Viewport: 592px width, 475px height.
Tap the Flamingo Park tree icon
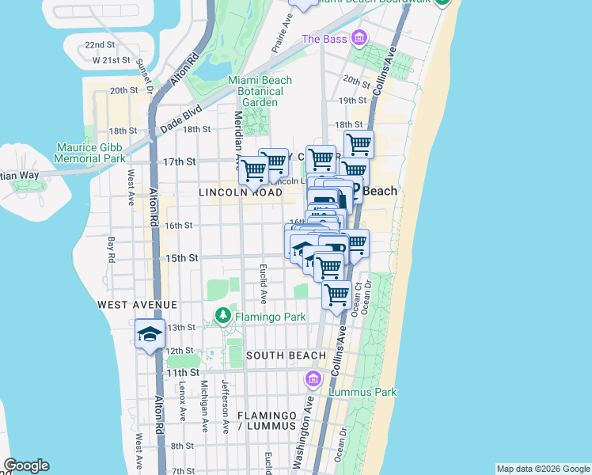[x=223, y=317]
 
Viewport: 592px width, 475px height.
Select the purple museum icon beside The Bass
[x=359, y=38]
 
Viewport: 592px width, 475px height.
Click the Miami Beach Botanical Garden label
[x=260, y=91]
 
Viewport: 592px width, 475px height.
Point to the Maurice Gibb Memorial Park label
[x=89, y=153]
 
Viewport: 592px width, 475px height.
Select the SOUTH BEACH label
[x=286, y=355]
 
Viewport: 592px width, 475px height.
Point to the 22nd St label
[x=100, y=45]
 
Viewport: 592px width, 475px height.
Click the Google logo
[x=26, y=465]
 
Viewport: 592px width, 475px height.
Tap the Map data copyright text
[x=542, y=469]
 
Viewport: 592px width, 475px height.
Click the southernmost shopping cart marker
[x=337, y=295]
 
